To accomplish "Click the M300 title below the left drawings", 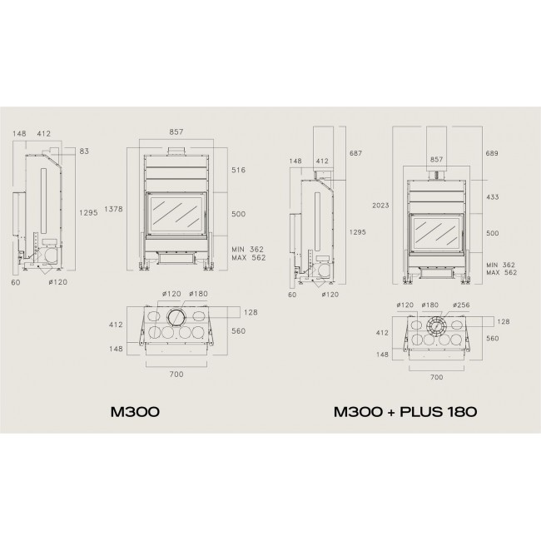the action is pos(135,412).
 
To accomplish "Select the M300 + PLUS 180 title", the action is pos(405,412).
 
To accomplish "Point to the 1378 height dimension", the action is pos(113,209).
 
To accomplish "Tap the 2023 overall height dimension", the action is pos(380,206).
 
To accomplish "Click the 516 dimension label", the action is pos(238,170).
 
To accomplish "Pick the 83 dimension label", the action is pos(84,151).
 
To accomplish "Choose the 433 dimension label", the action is pos(493,197).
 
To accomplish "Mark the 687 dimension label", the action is pos(355,153).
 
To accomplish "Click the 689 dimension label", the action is pos(492,153).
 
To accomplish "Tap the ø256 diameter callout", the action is pos(461,305).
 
